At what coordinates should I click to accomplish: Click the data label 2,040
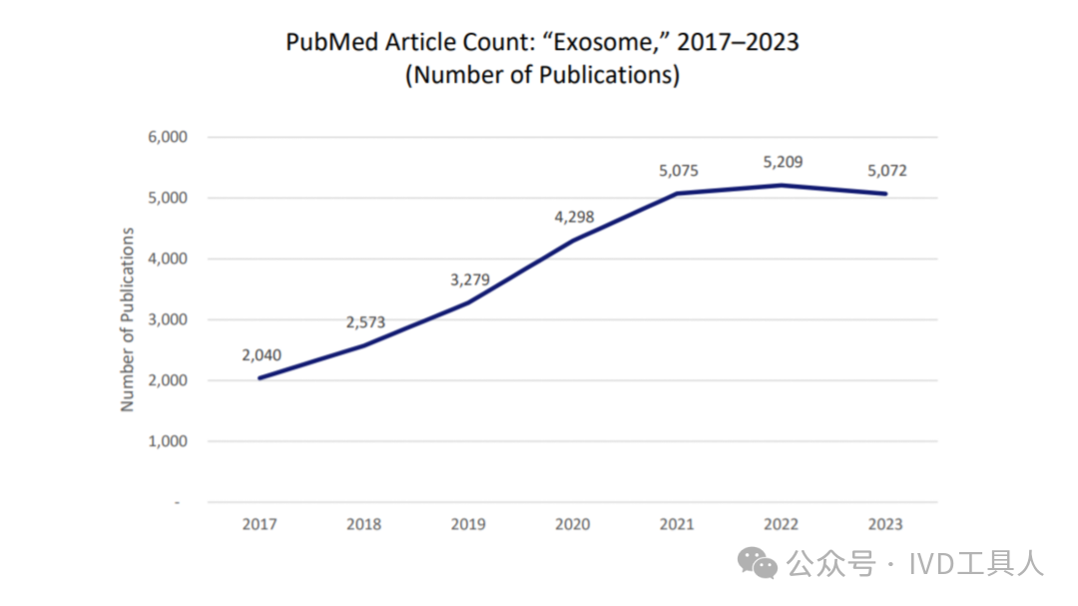coord(261,354)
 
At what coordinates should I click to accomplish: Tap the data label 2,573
coord(365,322)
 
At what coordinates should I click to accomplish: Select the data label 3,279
coord(470,280)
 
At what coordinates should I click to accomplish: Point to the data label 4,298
coord(574,217)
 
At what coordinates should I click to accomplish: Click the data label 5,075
coord(679,171)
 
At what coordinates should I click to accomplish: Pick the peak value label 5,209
coord(783,162)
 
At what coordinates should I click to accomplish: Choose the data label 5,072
coord(887,171)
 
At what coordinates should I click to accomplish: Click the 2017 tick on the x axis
coord(261,524)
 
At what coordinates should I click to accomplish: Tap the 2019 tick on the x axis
coord(469,524)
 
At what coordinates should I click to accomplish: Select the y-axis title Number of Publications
coord(128,319)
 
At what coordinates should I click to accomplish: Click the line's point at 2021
coord(679,193)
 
